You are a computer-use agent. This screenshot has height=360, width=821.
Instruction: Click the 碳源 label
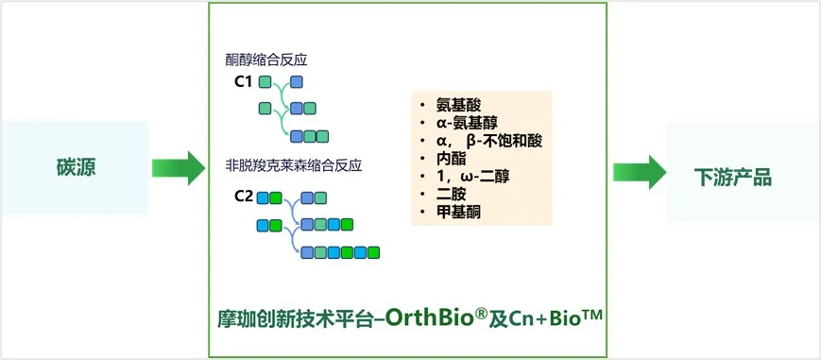(76, 167)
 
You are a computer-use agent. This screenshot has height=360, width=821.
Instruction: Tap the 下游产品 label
(733, 178)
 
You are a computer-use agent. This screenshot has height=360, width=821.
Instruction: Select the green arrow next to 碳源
(179, 167)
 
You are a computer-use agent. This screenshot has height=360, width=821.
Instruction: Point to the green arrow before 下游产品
(640, 172)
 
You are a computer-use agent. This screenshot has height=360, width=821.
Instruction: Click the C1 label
(245, 82)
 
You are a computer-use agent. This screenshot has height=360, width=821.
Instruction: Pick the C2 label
(244, 197)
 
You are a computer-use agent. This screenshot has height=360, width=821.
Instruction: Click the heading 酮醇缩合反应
(266, 60)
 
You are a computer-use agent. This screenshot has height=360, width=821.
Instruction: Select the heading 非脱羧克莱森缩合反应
(293, 167)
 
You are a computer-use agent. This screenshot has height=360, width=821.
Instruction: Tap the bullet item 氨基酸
(458, 105)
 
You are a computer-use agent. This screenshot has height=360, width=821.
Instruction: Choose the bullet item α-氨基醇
(467, 123)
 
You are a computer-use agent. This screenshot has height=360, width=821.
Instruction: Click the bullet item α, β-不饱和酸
(489, 141)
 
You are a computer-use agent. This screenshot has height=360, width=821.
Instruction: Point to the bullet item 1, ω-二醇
(472, 177)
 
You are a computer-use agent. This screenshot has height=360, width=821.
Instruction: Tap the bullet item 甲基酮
(458, 213)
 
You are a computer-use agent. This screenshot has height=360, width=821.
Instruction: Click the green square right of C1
(265, 82)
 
